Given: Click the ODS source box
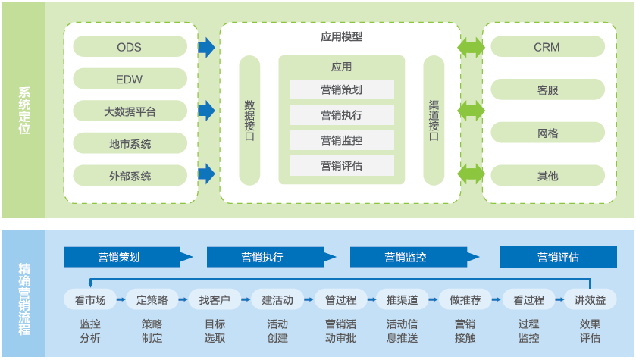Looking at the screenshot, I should pyautogui.click(x=130, y=47).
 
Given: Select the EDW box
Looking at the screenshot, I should pyautogui.click(x=130, y=79).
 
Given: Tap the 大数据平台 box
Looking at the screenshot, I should pyautogui.click(x=130, y=111).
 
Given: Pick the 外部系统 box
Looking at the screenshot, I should pyautogui.click(x=130, y=176).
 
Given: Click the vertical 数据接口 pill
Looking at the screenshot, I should pyautogui.click(x=249, y=120).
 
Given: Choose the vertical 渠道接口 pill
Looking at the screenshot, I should pyautogui.click(x=434, y=120).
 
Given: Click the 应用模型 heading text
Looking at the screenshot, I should pyautogui.click(x=341, y=36).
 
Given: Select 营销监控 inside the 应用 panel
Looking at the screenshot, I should pyautogui.click(x=341, y=140).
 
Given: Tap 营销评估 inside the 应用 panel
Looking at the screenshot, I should pyautogui.click(x=341, y=165).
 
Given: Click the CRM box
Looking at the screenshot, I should pyautogui.click(x=547, y=47).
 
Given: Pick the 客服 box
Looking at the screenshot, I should pyautogui.click(x=547, y=90).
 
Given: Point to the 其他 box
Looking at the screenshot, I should pyautogui.click(x=547, y=176).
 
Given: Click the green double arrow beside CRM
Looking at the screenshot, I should pyautogui.click(x=471, y=47).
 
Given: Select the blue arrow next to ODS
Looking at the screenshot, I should pyautogui.click(x=206, y=48).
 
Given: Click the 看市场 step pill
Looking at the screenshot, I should pyautogui.click(x=90, y=299).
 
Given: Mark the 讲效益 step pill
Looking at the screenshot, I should pyautogui.click(x=590, y=299).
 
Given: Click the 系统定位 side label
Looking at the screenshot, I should pyautogui.click(x=24, y=111).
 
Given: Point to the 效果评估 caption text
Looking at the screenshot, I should pyautogui.click(x=590, y=330).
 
